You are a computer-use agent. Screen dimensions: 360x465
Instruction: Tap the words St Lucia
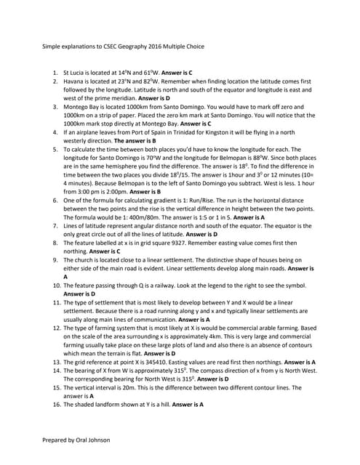point(76,73)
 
